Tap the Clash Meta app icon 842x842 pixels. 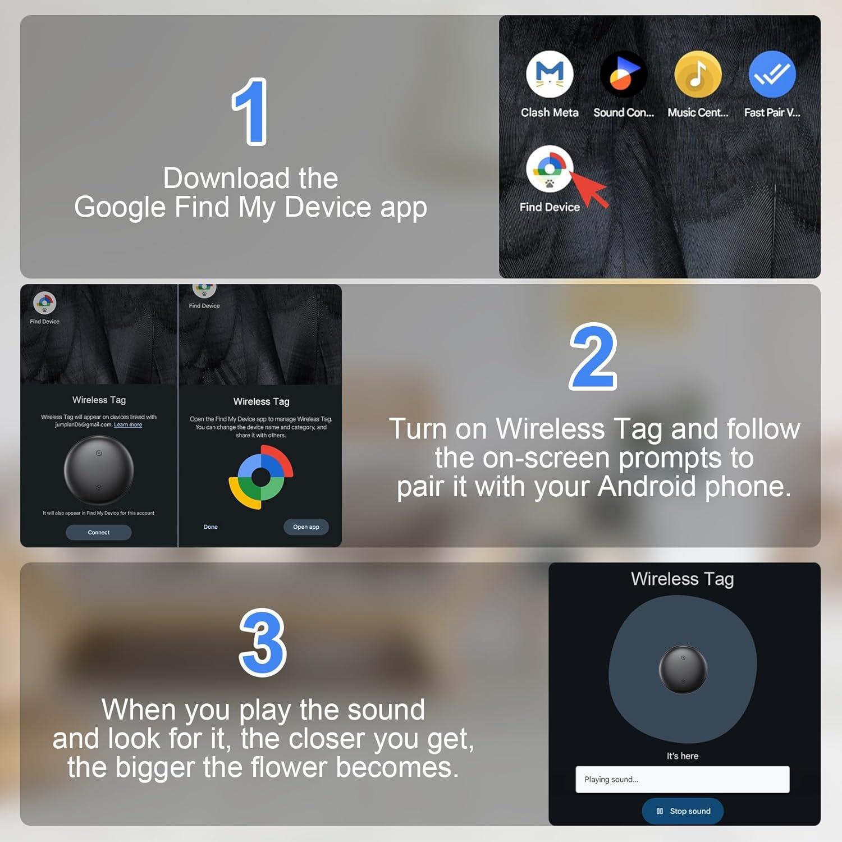(550, 74)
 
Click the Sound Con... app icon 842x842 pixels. (624, 74)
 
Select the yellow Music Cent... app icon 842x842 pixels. (698, 74)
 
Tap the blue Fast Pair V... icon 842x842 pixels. (772, 74)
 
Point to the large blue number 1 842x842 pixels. (250, 112)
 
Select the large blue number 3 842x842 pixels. (263, 642)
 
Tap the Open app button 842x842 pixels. (306, 527)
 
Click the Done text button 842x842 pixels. (210, 527)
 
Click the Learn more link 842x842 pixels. (128, 425)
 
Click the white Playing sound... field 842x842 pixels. (682, 779)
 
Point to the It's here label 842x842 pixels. (682, 756)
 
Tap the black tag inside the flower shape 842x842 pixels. (683, 669)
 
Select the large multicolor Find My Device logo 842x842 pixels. (261, 477)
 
